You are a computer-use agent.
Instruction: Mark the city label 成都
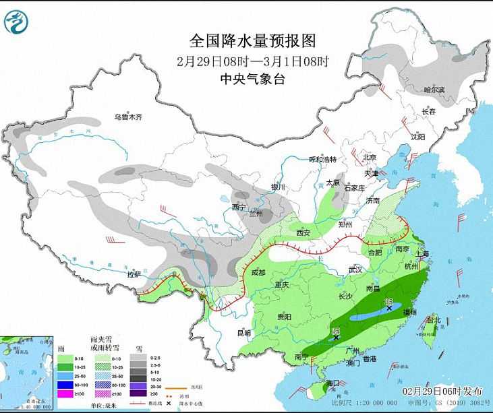[259, 273]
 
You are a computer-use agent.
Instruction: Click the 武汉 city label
[356, 269]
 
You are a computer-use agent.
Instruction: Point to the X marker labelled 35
[389, 309]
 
